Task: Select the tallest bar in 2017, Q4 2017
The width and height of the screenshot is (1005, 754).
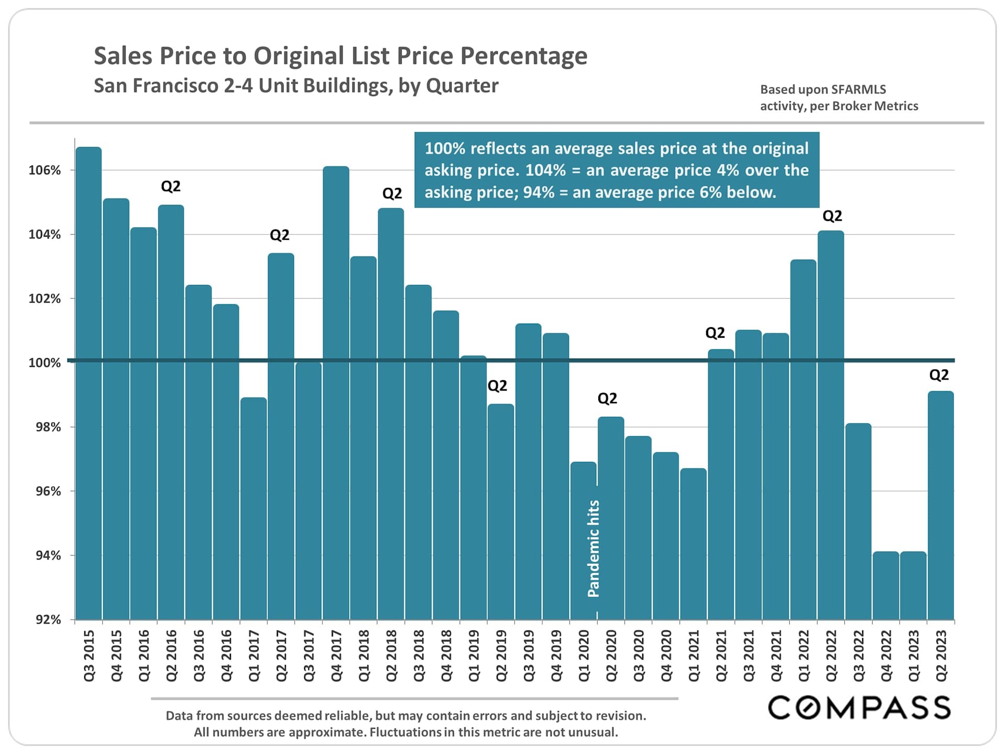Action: click(x=336, y=393)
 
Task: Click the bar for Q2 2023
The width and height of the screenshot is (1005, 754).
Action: click(x=941, y=505)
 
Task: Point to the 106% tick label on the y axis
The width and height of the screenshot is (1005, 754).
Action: click(x=44, y=170)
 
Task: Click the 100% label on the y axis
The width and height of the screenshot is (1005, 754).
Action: click(x=44, y=363)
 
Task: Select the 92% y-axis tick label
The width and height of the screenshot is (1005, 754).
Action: click(x=48, y=619)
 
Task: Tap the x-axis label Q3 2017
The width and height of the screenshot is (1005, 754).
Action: click(x=309, y=656)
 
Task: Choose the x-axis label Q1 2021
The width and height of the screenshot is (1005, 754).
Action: click(x=694, y=656)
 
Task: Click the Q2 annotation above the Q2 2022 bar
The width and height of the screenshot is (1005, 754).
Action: click(x=832, y=216)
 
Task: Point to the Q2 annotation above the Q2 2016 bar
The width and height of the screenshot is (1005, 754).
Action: click(x=171, y=186)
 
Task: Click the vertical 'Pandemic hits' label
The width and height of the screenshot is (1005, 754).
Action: click(x=593, y=548)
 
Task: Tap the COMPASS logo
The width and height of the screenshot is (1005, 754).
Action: click(x=859, y=707)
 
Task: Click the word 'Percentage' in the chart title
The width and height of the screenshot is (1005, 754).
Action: click(x=524, y=56)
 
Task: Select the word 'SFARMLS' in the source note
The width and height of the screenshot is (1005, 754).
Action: click(x=858, y=90)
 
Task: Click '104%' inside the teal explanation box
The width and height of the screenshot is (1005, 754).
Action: click(x=545, y=170)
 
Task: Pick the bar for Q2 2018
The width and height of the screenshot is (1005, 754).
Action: click(x=390, y=414)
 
